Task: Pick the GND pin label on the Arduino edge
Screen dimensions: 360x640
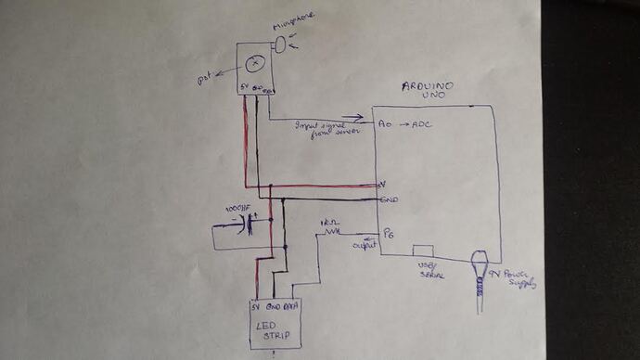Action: (x=390, y=199)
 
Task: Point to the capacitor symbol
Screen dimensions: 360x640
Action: (x=250, y=225)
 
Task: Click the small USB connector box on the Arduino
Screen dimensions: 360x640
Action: (x=423, y=251)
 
